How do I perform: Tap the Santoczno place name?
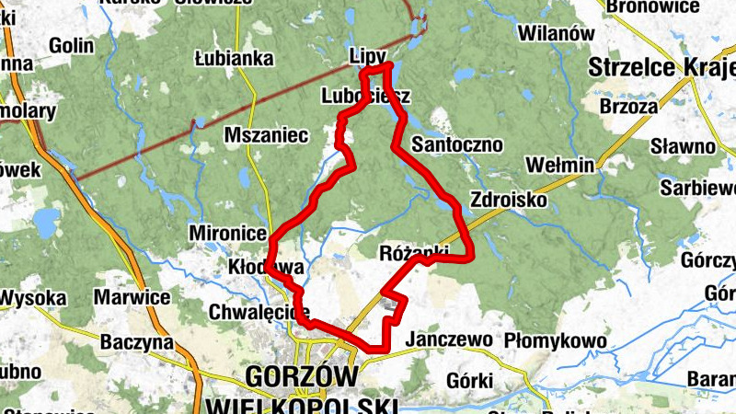pos(457,144)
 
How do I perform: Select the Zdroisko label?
pos(508,200)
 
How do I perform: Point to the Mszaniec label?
pos(266,135)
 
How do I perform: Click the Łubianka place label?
pos(235,59)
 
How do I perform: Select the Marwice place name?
pos(132,297)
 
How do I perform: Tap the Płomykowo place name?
pos(555,341)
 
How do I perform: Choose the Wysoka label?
pos(33,298)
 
